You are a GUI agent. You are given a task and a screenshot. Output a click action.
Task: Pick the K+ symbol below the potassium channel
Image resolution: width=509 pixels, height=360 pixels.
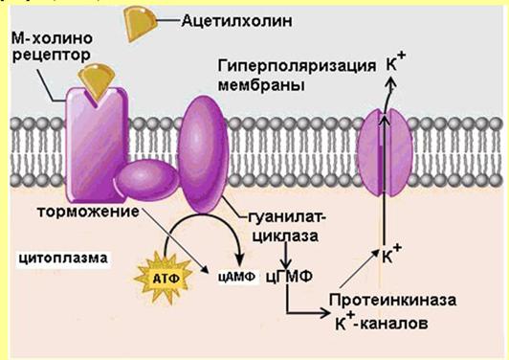click(390, 256)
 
